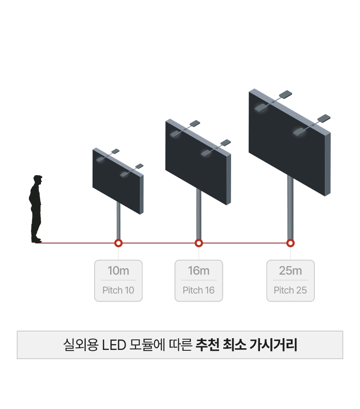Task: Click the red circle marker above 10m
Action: coord(118,243)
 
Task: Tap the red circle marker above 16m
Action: coord(199,243)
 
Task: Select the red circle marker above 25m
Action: coord(290,243)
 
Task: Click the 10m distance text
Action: coord(118,271)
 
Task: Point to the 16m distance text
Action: coord(199,271)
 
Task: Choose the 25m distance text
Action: coord(291,271)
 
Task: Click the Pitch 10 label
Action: coord(118,290)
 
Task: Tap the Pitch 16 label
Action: coord(199,290)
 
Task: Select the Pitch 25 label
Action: coord(291,290)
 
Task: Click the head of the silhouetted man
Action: coord(38,180)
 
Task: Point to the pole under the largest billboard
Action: coord(290,210)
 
